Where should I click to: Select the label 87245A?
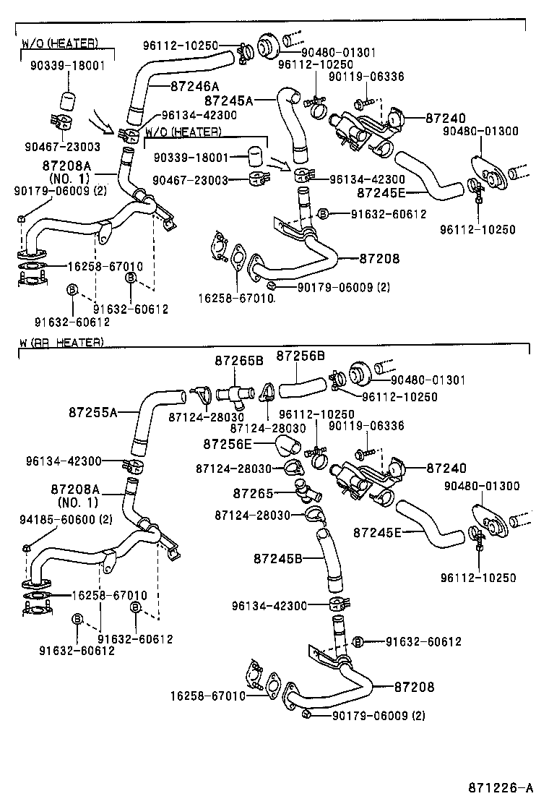click(x=228, y=101)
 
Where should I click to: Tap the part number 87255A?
click(x=93, y=412)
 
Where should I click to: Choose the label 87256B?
click(x=301, y=356)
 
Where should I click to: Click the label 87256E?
click(x=228, y=443)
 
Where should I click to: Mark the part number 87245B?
click(x=277, y=558)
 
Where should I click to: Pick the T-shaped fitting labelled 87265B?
click(x=234, y=393)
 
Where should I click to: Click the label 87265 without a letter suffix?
click(x=253, y=493)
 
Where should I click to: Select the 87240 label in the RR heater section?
click(x=446, y=469)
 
